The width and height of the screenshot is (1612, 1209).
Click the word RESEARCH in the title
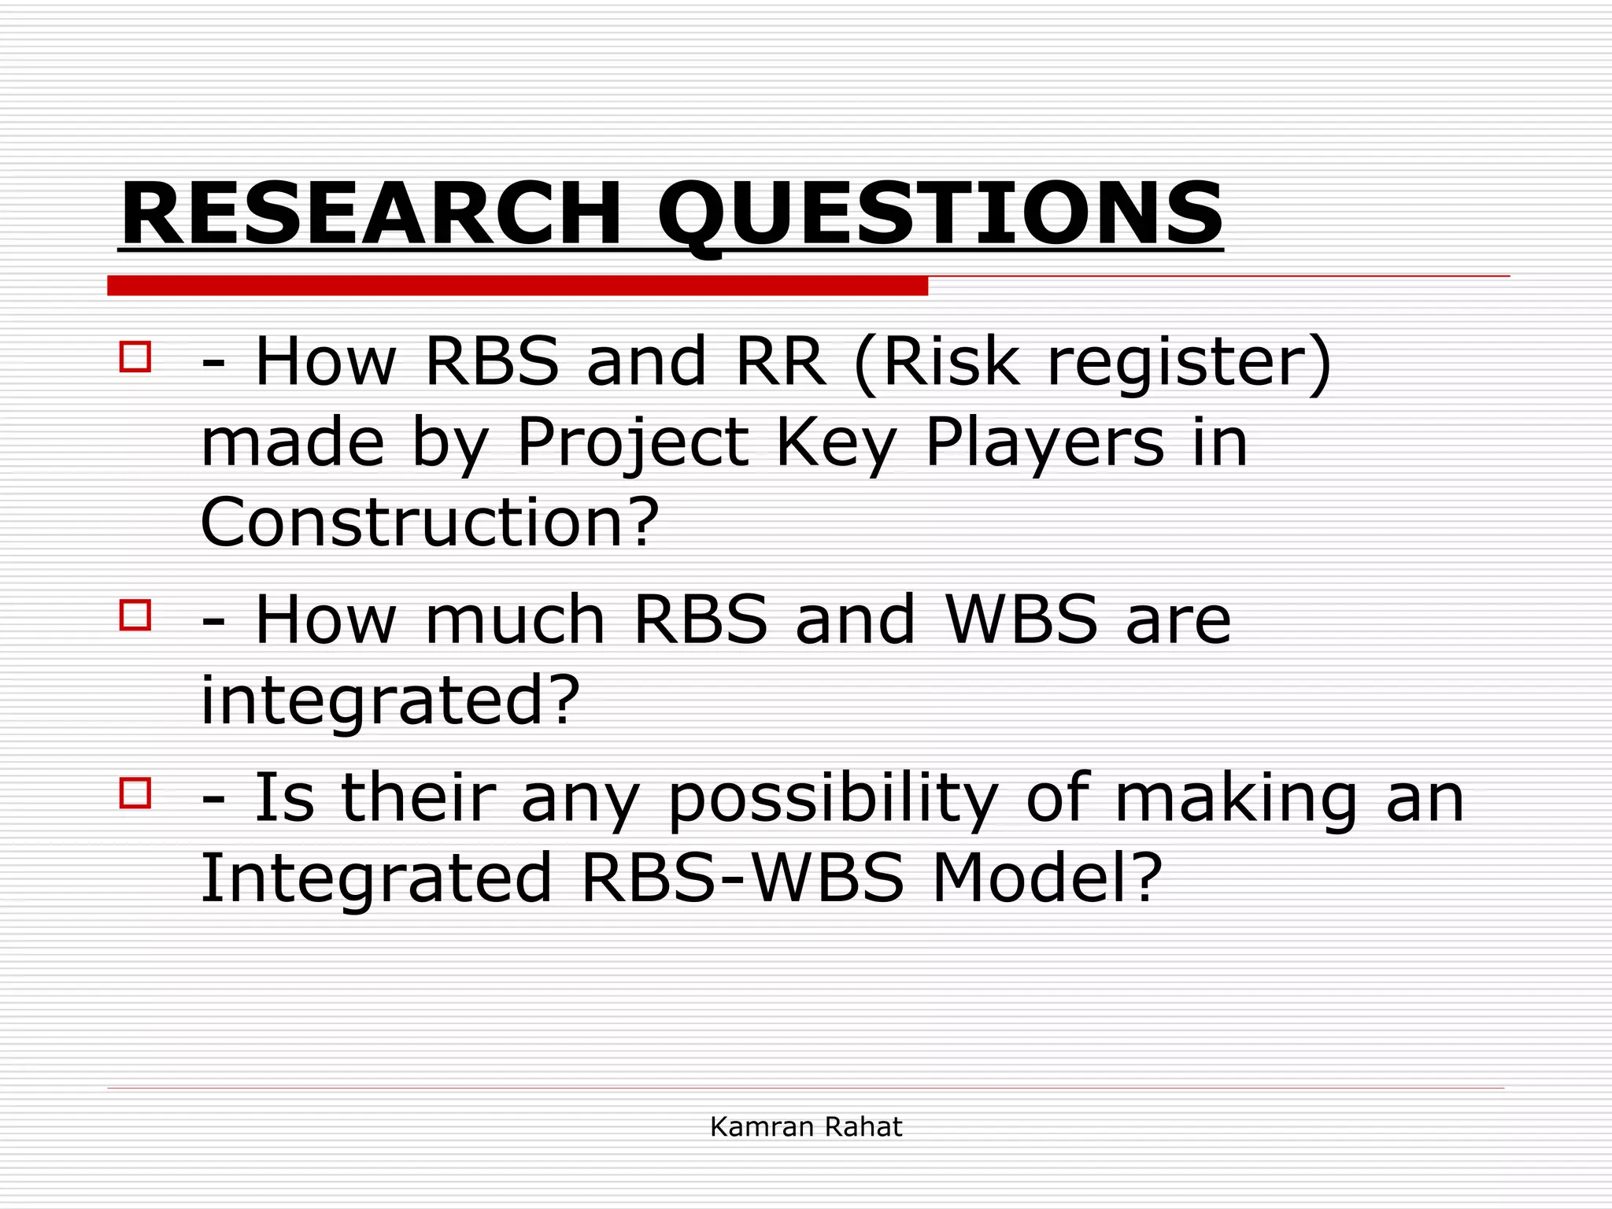coord(370,214)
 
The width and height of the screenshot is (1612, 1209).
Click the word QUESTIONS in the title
coord(940,214)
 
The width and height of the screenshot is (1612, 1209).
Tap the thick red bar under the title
coord(517,286)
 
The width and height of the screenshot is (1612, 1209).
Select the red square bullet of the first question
coord(135,357)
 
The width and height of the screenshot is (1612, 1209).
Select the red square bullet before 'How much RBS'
coord(135,615)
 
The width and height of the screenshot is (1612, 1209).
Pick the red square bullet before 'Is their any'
coord(135,793)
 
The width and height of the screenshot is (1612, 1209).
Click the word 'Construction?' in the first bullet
coord(430,523)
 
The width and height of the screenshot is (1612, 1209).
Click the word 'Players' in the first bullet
coord(1044,442)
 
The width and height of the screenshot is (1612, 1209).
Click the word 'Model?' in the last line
coord(1047,878)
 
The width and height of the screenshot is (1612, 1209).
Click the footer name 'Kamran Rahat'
coord(806,1127)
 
